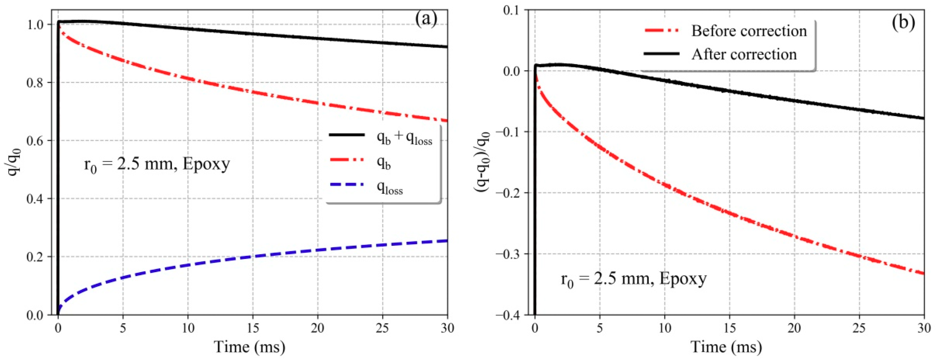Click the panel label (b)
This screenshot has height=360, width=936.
point(903,22)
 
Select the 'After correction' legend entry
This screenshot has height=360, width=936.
point(744,54)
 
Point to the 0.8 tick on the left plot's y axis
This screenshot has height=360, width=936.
point(35,83)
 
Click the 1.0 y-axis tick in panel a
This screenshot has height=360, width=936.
point(35,25)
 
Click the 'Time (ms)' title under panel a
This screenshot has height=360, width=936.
point(250,347)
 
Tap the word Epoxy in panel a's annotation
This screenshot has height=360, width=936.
point(206,164)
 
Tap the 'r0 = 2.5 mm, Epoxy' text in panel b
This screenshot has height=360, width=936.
point(634,279)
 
